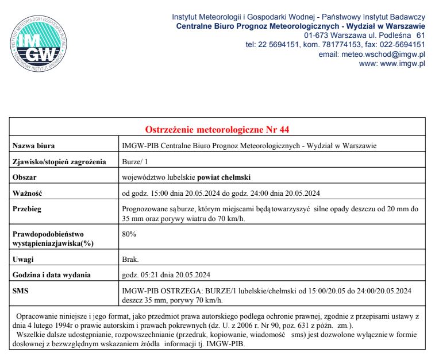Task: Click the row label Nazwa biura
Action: coord(34,146)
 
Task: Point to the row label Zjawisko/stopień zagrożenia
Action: coord(59,162)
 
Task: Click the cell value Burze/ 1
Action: coord(136,162)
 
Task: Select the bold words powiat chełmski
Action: coord(229,177)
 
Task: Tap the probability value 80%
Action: coord(130,234)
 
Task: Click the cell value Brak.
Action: coord(131,260)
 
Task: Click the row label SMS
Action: coord(22,291)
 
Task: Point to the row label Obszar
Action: coord(26,177)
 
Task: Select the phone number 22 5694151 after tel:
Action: coord(278,44)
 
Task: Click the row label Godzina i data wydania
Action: coord(52,274)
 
